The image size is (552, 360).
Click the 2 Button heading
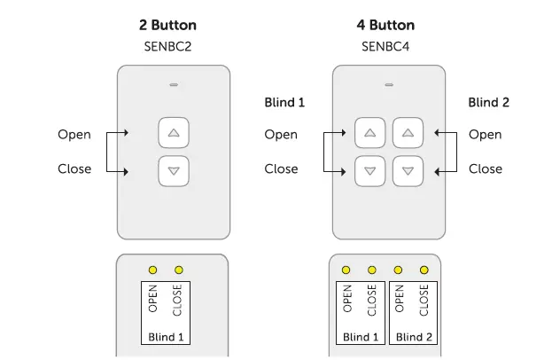pyautogui.click(x=174, y=25)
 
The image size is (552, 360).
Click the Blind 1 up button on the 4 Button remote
pyautogui.click(x=369, y=134)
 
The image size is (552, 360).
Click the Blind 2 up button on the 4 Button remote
pyautogui.click(x=408, y=134)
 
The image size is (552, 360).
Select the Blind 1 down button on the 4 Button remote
pyautogui.click(x=369, y=169)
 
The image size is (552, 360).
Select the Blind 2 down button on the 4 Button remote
pyautogui.click(x=408, y=169)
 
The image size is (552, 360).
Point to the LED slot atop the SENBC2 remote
pyautogui.click(x=174, y=86)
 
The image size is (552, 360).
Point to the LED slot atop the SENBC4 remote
pyautogui.click(x=388, y=86)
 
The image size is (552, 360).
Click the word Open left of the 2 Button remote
pyautogui.click(x=74, y=135)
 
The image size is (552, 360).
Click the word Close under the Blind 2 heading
pyautogui.click(x=485, y=168)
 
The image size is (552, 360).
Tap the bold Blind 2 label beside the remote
pyautogui.click(x=488, y=103)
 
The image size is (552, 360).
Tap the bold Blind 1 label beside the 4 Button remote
pyautogui.click(x=284, y=103)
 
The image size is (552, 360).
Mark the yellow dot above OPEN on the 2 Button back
pyautogui.click(x=153, y=270)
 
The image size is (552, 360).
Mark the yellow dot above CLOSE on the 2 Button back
pyautogui.click(x=179, y=270)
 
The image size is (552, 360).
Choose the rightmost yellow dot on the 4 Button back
pyautogui.click(x=424, y=270)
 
